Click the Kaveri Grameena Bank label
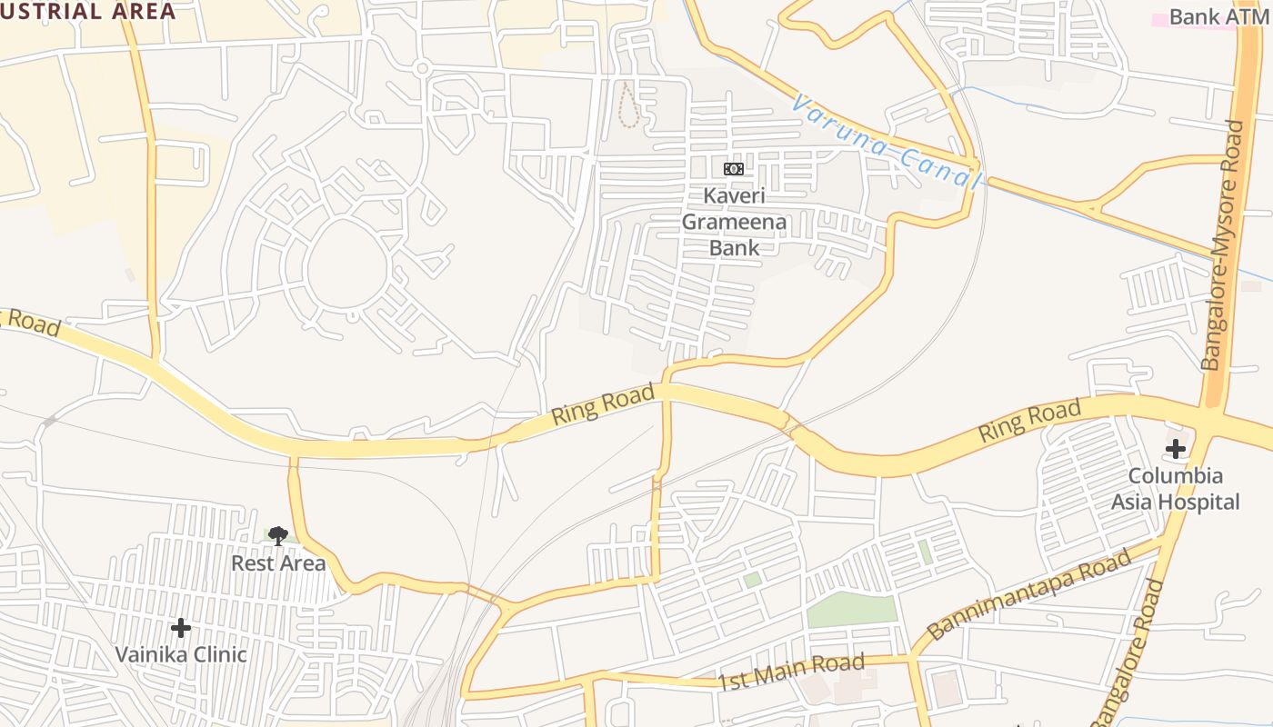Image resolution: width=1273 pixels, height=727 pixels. click(x=734, y=221)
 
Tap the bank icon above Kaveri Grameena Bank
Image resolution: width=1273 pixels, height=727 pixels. click(x=734, y=169)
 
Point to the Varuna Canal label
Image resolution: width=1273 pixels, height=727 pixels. click(x=887, y=143)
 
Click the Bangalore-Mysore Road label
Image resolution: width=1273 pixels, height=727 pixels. click(x=1222, y=245)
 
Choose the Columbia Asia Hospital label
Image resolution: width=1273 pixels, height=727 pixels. click(x=1175, y=489)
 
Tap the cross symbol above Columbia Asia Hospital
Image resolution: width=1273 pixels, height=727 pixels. click(x=1176, y=448)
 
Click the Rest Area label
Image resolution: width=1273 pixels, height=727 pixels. click(x=278, y=563)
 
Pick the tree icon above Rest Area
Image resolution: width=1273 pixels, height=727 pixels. click(x=278, y=535)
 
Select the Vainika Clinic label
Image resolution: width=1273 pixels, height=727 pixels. click(x=181, y=654)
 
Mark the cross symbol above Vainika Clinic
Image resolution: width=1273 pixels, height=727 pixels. click(x=181, y=627)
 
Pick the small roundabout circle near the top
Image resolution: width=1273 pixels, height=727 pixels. click(x=421, y=67)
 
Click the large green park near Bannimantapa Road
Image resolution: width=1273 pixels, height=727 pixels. click(x=851, y=609)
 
